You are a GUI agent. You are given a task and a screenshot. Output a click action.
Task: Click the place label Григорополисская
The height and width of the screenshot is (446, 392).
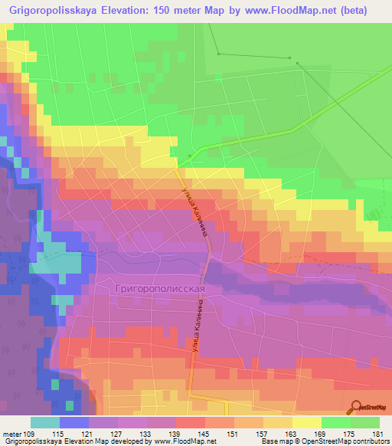[x=161, y=288]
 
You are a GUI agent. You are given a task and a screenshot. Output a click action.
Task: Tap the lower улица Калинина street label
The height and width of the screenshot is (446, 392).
[x=188, y=346]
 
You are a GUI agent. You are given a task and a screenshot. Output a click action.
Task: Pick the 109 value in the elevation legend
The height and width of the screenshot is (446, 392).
[x=28, y=434]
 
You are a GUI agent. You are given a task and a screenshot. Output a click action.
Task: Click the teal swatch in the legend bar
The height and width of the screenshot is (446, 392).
[x=44, y=422]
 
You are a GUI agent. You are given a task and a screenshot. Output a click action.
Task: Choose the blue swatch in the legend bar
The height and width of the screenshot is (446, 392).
[x=73, y=422]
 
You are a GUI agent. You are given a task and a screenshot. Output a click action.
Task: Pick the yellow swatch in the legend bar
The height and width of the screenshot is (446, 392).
[x=306, y=422]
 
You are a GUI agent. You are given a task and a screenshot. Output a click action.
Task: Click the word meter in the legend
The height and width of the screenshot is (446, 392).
[x=10, y=434]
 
